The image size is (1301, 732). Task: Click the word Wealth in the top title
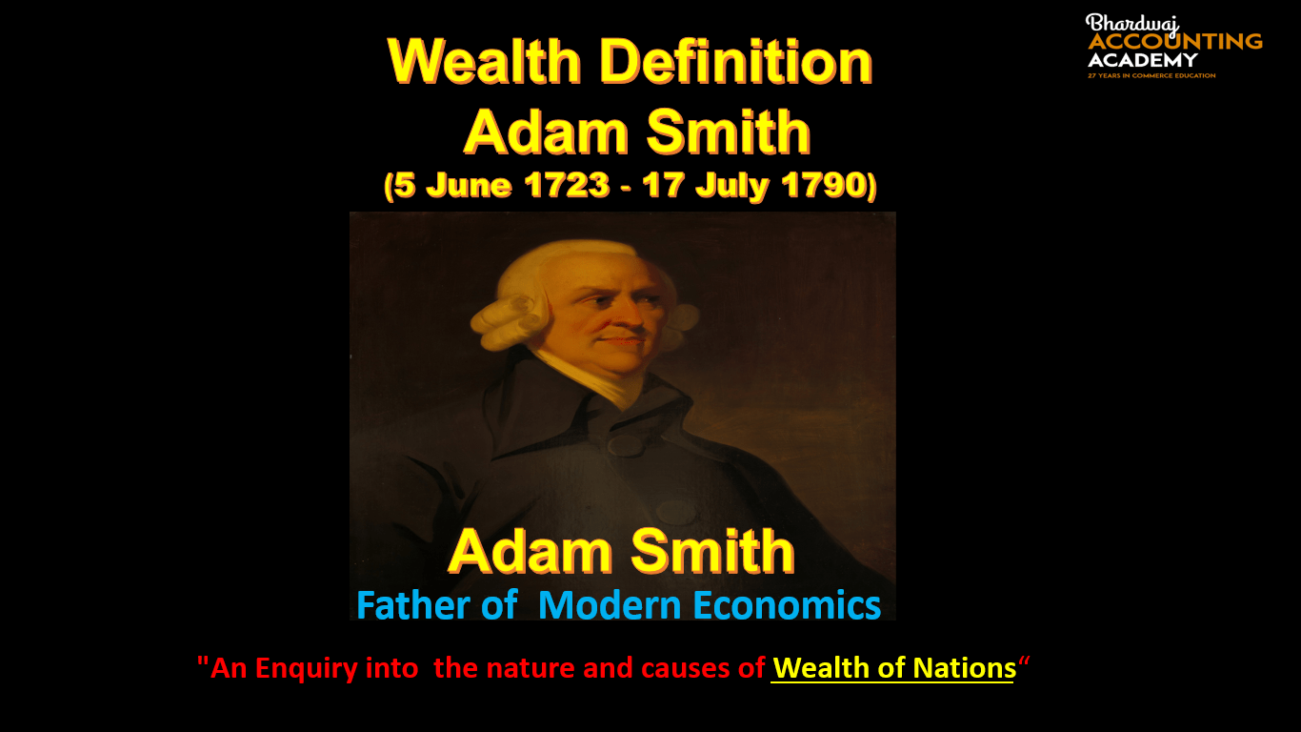click(485, 61)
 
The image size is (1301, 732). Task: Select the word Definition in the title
click(736, 61)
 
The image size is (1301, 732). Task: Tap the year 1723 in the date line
click(567, 185)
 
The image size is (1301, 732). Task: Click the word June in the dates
click(469, 185)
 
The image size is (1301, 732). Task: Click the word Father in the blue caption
click(413, 605)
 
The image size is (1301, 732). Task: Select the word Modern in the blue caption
click(610, 605)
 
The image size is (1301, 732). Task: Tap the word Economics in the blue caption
click(787, 605)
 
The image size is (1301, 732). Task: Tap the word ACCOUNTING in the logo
click(1175, 41)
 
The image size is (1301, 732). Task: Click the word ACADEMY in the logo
click(1143, 60)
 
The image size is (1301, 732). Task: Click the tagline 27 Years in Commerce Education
click(1151, 75)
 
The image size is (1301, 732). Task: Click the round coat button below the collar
click(626, 445)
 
